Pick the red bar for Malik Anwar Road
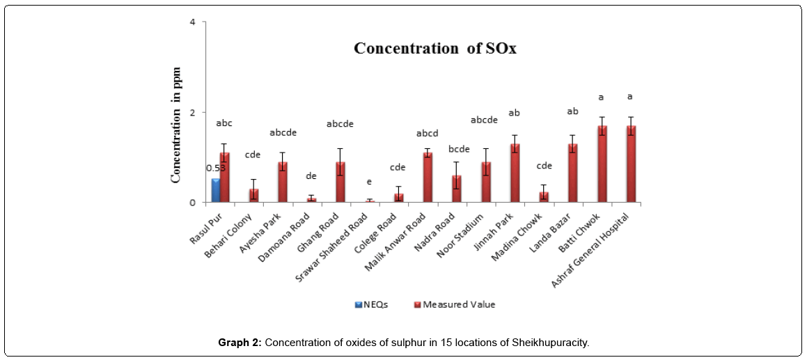tap(428, 178)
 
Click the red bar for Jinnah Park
tap(515, 173)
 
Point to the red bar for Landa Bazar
tap(573, 173)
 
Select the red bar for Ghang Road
tap(340, 182)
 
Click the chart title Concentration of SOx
tap(434, 49)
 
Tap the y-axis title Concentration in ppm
tap(177, 125)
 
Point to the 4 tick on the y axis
tap(201, 22)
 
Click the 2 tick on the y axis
tap(201, 113)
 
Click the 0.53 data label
tap(215, 169)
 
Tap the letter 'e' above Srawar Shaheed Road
tap(370, 182)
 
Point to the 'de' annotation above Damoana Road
tap(311, 177)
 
